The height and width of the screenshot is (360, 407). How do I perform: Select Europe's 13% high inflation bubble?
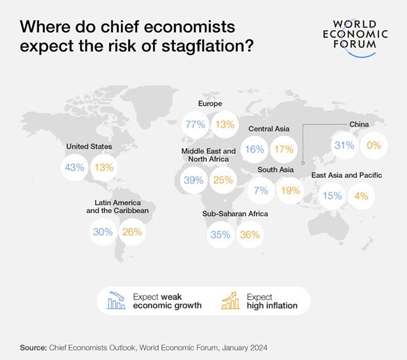[224, 125]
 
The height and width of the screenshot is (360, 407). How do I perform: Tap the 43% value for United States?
[74, 167]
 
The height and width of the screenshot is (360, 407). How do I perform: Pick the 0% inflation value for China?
[374, 145]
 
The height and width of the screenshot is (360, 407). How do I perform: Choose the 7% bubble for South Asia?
[261, 191]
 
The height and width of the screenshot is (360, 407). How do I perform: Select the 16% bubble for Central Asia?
[254, 150]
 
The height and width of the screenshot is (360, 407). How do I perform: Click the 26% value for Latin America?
[132, 231]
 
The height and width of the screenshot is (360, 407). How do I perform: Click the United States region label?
[89, 147]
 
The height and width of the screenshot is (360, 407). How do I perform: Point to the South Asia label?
[275, 170]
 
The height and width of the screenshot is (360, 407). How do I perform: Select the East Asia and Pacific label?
[347, 175]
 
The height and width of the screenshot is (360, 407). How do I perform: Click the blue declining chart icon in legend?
[116, 301]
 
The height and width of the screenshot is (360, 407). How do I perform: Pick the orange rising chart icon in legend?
[231, 301]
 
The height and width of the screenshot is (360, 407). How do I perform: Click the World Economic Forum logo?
[355, 32]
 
